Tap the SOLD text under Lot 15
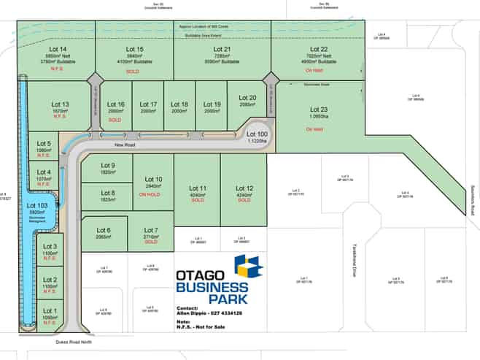pos(133,72)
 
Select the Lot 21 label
pos(222,49)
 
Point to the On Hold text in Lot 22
pos(314,70)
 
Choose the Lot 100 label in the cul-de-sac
pos(257,134)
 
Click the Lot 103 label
pos(37,207)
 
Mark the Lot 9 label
pos(107,164)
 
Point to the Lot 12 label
pos(244,188)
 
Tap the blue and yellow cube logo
pos(247,269)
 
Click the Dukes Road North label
pos(71,340)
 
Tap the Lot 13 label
pos(60,104)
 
